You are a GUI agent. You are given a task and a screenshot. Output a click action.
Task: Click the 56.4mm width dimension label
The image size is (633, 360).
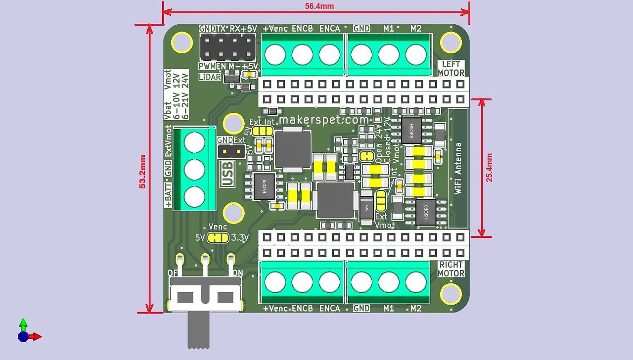tap(319, 6)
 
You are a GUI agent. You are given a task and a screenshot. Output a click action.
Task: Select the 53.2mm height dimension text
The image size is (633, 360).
tap(142, 172)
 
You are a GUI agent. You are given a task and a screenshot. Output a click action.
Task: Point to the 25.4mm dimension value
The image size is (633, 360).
tap(489, 167)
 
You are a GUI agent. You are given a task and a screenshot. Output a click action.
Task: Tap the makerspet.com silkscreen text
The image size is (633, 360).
tap(324, 120)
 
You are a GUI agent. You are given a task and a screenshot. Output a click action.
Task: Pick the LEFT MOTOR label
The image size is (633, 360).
tap(451, 68)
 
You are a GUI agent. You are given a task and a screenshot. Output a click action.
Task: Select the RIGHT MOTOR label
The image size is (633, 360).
tap(451, 269)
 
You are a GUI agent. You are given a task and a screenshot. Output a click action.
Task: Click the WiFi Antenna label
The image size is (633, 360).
tap(458, 168)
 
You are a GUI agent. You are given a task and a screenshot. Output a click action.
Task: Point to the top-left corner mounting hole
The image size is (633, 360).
tap(181, 42)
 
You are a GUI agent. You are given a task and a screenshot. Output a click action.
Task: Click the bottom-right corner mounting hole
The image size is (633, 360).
tap(451, 294)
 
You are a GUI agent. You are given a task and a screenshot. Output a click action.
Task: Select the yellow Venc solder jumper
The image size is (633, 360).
tap(218, 238)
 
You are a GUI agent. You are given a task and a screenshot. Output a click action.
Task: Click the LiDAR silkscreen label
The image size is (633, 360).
tap(210, 77)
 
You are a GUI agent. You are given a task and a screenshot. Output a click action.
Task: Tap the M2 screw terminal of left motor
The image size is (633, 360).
tap(415, 54)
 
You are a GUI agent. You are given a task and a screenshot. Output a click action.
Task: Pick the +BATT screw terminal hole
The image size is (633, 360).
tap(194, 197)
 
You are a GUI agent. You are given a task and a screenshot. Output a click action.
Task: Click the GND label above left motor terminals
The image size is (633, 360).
tap(362, 29)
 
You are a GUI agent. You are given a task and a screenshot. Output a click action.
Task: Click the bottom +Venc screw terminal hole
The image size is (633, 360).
tap(274, 282)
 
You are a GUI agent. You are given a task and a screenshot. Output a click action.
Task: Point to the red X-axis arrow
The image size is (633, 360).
tap(35, 337)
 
